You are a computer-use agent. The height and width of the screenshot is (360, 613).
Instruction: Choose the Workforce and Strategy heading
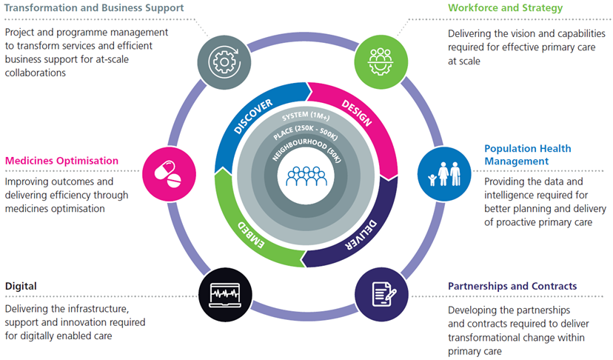(x=505, y=8)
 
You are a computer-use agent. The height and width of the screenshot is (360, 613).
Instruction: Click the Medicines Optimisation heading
(x=62, y=160)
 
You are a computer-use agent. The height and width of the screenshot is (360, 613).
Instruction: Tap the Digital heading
(x=21, y=285)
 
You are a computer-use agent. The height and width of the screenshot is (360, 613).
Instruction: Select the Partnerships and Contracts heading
(x=512, y=286)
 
